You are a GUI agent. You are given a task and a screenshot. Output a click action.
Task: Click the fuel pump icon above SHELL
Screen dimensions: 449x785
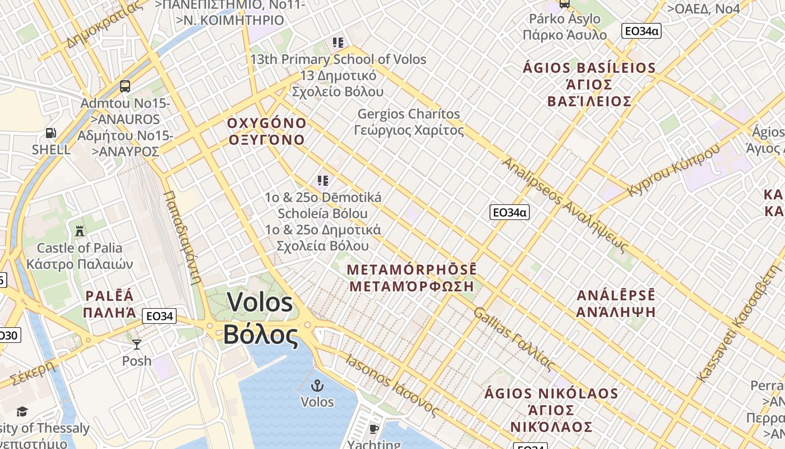(x=51, y=134)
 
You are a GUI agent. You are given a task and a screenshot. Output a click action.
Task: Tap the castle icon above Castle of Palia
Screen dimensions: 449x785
(x=79, y=230)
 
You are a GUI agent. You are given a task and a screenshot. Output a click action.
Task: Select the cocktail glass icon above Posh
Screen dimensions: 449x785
(x=137, y=344)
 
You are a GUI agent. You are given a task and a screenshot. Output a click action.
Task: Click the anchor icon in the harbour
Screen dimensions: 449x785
(x=317, y=385)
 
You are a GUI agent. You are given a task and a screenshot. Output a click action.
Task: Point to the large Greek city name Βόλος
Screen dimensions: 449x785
(x=261, y=335)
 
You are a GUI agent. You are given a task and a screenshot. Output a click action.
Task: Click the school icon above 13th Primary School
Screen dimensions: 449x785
(x=338, y=42)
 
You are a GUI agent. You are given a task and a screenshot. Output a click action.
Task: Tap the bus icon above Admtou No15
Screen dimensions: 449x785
(x=125, y=86)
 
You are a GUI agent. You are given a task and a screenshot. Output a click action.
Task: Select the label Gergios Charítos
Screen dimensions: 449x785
(x=409, y=114)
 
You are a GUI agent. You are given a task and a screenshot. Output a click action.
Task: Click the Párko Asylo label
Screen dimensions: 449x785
(x=565, y=19)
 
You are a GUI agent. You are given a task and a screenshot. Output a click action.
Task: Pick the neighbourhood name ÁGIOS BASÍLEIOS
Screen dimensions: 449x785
(x=589, y=68)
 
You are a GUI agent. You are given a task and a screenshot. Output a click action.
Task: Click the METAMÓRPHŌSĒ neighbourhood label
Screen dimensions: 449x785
(x=412, y=269)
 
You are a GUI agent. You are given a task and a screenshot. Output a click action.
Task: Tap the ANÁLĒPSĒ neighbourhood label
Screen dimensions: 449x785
(x=616, y=296)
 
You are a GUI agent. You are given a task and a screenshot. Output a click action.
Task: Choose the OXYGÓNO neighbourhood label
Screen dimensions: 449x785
(x=267, y=123)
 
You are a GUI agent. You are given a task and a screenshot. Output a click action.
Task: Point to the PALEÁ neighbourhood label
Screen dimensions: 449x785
(x=110, y=296)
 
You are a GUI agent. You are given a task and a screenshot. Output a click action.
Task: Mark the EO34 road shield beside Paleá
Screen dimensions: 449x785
(x=159, y=316)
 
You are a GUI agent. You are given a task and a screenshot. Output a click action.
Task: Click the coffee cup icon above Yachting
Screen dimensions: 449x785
(x=373, y=429)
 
